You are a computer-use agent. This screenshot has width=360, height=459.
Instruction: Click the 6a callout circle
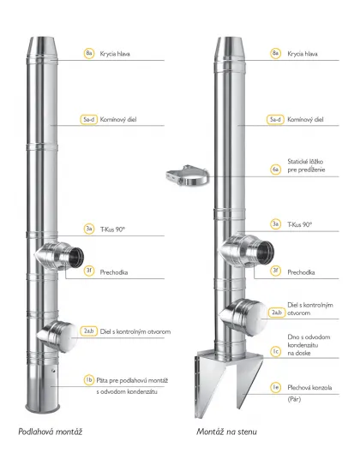click(x=275, y=170)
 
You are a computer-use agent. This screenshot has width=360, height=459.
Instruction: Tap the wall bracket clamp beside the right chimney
click(x=188, y=176)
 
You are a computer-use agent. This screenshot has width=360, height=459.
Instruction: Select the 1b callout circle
click(x=89, y=380)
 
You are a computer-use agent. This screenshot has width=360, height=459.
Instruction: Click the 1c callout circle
click(x=276, y=351)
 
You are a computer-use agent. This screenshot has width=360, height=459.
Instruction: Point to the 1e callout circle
click(x=276, y=387)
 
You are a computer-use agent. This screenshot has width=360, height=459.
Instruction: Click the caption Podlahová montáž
click(x=50, y=432)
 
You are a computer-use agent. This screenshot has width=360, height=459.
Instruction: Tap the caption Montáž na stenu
click(x=226, y=432)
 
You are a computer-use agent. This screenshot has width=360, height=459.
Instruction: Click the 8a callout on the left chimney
click(x=89, y=53)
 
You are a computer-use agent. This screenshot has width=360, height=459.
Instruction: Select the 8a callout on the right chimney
click(x=276, y=53)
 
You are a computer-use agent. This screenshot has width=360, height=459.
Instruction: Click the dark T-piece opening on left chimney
click(x=76, y=257)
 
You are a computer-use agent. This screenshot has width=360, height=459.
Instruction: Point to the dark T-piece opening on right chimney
click(x=266, y=252)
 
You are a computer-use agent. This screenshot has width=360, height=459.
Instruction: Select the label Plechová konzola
click(x=309, y=388)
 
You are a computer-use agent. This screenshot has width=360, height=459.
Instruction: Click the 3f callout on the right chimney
click(x=276, y=271)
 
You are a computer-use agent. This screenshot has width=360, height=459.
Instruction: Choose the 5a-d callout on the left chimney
click(x=89, y=119)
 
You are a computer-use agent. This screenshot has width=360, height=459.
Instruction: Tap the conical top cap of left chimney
click(x=43, y=47)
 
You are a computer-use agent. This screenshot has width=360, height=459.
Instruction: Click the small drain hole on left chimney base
click(x=53, y=371)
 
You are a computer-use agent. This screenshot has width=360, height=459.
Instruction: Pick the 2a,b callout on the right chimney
click(x=277, y=313)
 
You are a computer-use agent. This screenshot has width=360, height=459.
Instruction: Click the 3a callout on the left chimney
click(x=89, y=229)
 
